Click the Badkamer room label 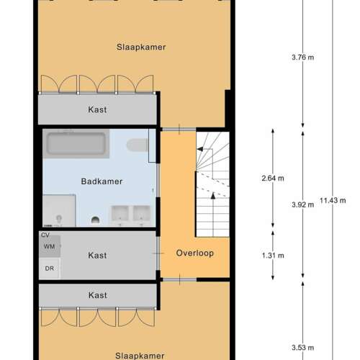pyautogui.click(x=102, y=181)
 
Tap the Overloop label pyautogui.click(x=195, y=253)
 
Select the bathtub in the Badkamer pyautogui.click(x=76, y=143)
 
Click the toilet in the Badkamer pyautogui.click(x=138, y=145)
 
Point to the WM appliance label pyautogui.click(x=49, y=246)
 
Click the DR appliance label pyautogui.click(x=50, y=269)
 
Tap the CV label pyautogui.click(x=45, y=235)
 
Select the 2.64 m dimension pyautogui.click(x=273, y=179)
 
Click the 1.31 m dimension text pyautogui.click(x=273, y=256)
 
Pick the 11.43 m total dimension pyautogui.click(x=333, y=200)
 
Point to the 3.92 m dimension pyautogui.click(x=302, y=204)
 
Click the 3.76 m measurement pyautogui.click(x=302, y=58)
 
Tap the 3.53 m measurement pyautogui.click(x=302, y=348)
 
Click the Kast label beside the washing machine pyautogui.click(x=97, y=256)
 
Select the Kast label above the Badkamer pyautogui.click(x=97, y=109)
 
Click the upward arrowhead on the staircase pyautogui.click(x=213, y=196)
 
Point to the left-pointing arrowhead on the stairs pyautogui.click(x=200, y=149)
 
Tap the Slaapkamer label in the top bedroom pyautogui.click(x=141, y=47)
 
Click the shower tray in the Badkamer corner pyautogui.click(x=59, y=211)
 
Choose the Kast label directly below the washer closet pyautogui.click(x=97, y=295)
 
